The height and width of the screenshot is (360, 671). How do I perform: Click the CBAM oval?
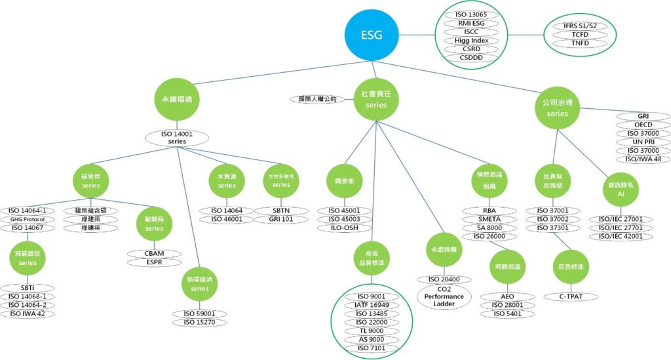(x=155, y=253)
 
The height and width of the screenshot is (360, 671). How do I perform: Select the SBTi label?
(x=27, y=288)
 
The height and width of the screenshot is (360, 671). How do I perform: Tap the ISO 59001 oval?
(x=199, y=313)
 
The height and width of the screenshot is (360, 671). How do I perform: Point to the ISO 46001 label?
(x=227, y=220)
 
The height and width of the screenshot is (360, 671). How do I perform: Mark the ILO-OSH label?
(x=353, y=228)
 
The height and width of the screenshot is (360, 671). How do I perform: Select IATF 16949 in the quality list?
(x=372, y=305)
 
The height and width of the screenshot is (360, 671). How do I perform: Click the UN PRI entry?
(x=643, y=142)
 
